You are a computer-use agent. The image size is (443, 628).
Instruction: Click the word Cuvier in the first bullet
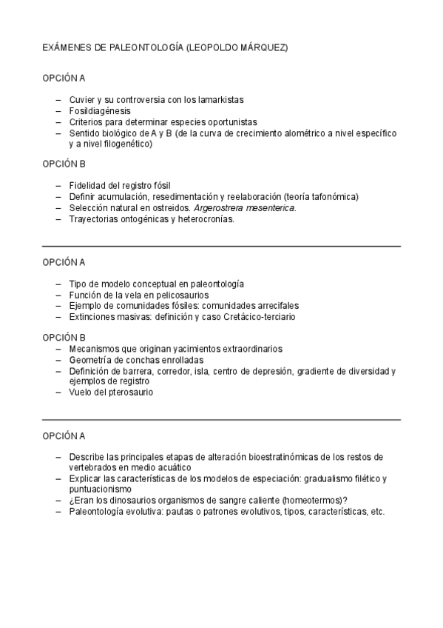[82, 99]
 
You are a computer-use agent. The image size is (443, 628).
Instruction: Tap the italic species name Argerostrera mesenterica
[248, 208]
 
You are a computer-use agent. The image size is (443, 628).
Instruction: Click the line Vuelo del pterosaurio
[111, 392]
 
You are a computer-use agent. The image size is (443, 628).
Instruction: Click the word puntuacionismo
[100, 490]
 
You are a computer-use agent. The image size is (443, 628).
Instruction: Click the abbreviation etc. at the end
[378, 512]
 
